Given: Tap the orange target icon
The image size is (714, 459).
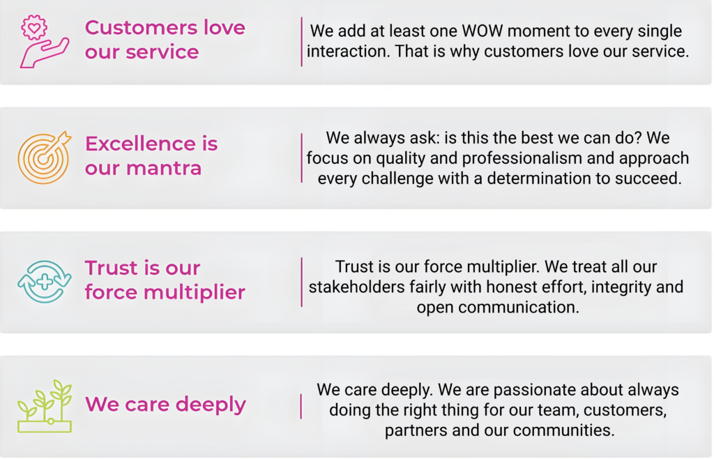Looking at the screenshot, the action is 44,158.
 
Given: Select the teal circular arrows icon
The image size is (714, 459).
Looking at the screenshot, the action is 44,282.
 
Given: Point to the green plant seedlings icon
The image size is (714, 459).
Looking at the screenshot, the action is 44,406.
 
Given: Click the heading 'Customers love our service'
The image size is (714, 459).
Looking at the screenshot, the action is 165,40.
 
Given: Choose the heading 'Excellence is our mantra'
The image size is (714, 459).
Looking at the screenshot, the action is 151,156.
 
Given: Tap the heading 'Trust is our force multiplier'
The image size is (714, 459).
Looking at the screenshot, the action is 165,280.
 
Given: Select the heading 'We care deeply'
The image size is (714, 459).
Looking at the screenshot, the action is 165,405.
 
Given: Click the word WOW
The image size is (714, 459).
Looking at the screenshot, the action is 483,31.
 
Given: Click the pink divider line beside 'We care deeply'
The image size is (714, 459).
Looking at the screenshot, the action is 301,406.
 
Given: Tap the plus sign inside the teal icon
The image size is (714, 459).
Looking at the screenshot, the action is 44,282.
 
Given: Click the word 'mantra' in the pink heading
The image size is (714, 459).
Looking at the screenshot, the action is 163,168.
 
